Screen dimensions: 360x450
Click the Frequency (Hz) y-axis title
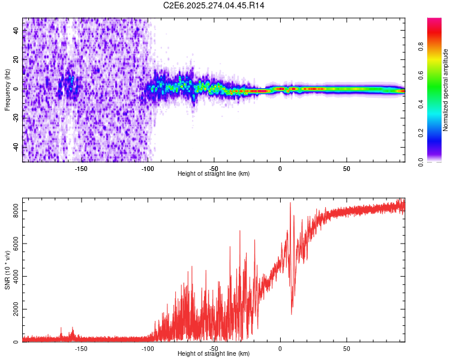[7, 90]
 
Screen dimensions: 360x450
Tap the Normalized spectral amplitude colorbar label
[446, 91]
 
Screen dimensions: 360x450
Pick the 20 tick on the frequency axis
[16, 59]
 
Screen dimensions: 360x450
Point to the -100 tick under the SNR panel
[147, 348]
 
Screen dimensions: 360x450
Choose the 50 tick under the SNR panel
[346, 348]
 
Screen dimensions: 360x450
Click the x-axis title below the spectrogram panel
[214, 174]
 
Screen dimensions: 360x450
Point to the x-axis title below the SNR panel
[214, 354]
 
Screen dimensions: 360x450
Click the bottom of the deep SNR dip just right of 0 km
[292, 314]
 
